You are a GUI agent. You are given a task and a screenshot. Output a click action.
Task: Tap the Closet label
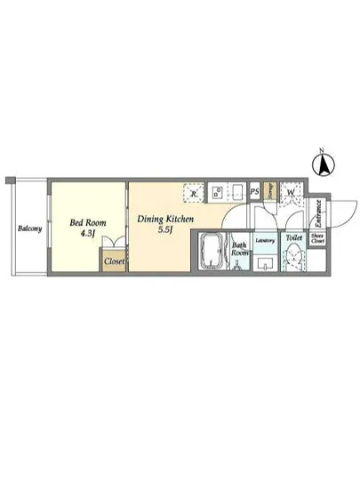[114, 262]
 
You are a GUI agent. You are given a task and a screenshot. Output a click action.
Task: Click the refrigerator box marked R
[194, 192]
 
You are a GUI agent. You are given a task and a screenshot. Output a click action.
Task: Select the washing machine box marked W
[291, 191]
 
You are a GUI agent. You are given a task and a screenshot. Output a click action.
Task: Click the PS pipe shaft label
[254, 191]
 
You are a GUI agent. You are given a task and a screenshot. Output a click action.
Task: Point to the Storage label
[270, 191]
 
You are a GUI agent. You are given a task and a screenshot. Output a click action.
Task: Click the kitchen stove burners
[218, 192]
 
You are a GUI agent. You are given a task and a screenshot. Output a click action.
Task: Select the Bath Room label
[239, 249]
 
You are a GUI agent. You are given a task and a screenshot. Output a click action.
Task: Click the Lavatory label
[266, 240]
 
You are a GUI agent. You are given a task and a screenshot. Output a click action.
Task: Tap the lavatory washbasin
[266, 263]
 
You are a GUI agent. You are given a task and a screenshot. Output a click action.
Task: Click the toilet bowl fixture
[294, 259]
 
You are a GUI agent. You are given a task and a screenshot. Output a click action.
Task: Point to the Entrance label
[317, 214]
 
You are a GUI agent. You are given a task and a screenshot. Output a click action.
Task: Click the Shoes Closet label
[317, 238]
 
